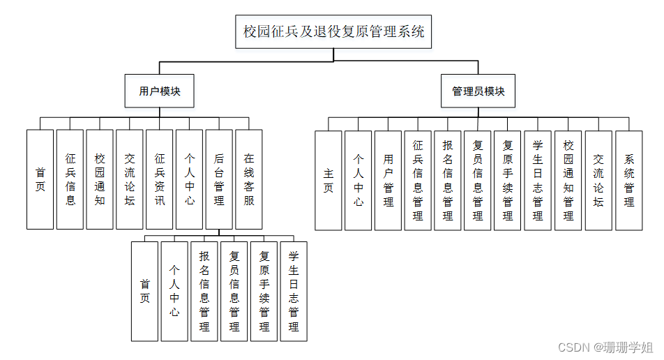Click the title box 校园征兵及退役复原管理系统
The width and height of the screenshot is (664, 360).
(333, 31)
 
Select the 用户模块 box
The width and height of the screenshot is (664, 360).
(159, 91)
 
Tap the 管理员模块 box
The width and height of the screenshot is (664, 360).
(478, 91)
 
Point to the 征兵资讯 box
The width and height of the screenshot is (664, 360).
(160, 179)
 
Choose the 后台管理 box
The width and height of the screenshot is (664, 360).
(219, 179)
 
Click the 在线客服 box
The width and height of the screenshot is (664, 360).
(249, 179)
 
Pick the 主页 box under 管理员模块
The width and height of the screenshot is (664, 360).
(329, 180)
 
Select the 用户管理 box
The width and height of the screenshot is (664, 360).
(388, 180)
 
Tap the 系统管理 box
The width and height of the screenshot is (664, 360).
(628, 180)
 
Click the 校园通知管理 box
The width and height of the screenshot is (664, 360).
(568, 180)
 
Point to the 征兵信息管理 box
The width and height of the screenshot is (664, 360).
(418, 180)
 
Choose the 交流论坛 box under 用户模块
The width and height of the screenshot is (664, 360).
(130, 179)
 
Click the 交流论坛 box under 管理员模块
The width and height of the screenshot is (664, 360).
(598, 180)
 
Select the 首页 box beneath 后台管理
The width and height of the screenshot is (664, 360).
(144, 291)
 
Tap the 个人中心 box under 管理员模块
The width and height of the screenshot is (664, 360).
(359, 180)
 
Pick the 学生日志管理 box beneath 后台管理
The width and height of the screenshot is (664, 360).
(294, 291)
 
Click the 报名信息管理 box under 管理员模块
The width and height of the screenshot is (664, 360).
(448, 180)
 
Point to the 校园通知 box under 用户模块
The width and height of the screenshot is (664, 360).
(100, 179)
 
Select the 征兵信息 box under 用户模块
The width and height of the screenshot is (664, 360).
(70, 179)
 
